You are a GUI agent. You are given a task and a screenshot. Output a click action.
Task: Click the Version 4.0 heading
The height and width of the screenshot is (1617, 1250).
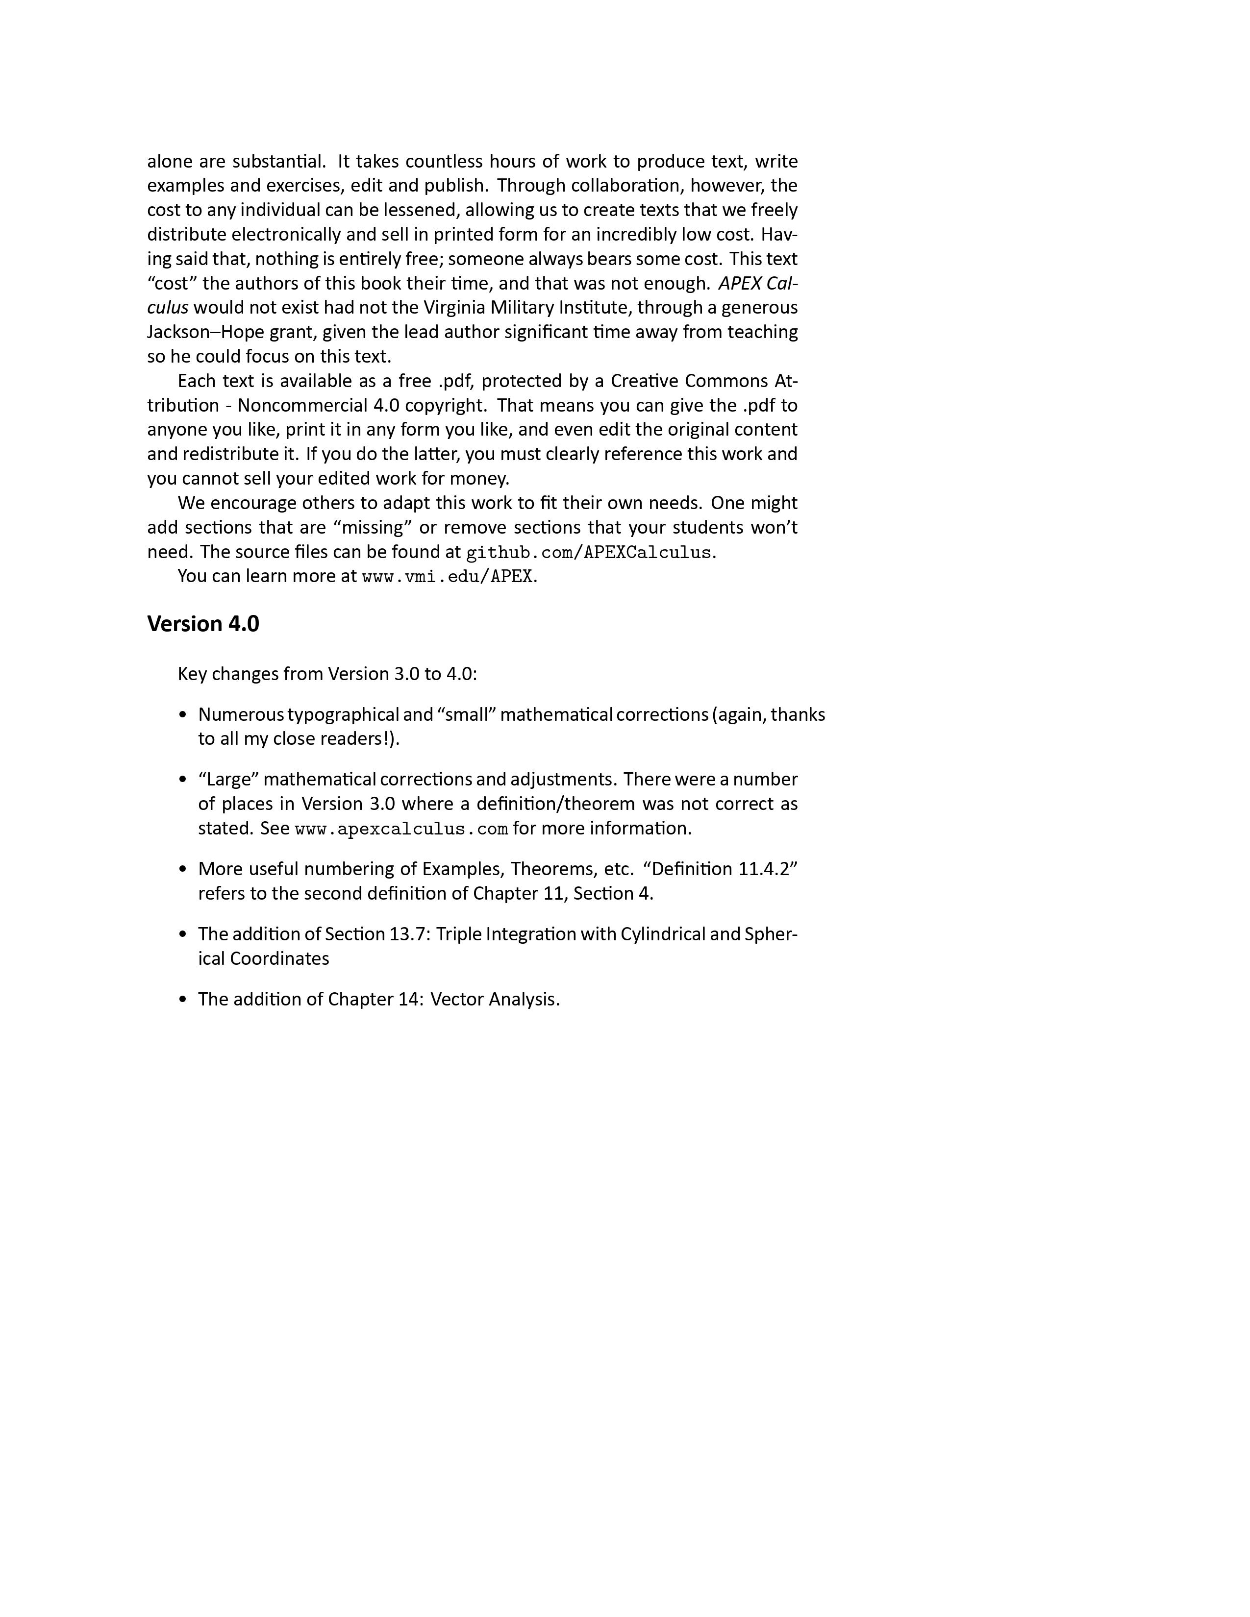click(x=203, y=624)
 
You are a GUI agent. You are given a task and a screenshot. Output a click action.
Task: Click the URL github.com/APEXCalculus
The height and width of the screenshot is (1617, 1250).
click(x=588, y=552)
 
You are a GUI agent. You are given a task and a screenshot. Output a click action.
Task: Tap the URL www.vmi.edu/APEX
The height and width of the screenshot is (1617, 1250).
click(x=447, y=577)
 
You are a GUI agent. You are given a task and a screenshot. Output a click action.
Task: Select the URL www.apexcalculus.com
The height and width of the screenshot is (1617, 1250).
click(x=401, y=829)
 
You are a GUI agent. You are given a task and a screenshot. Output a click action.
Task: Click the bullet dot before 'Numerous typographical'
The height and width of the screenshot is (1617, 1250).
click(x=183, y=715)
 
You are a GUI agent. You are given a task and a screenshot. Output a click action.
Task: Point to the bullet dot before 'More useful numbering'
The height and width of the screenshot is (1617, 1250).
click(x=183, y=869)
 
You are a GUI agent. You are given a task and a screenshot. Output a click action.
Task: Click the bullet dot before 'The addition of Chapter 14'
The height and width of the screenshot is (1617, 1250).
click(x=183, y=1000)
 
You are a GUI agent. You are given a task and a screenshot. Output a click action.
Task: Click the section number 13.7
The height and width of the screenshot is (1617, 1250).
click(x=408, y=934)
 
